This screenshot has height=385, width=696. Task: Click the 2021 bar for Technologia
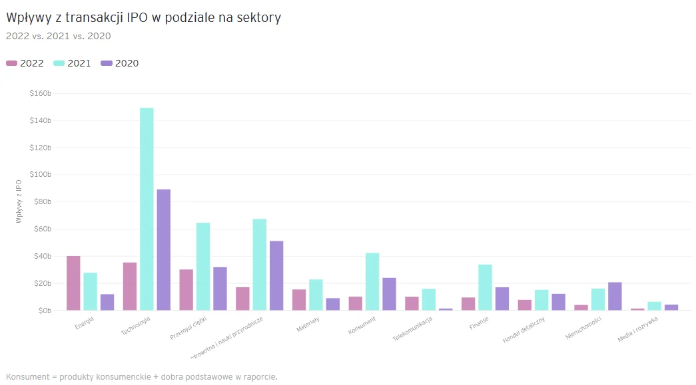147,209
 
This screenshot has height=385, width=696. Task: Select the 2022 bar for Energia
73,283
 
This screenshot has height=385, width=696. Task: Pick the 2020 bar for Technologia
163,250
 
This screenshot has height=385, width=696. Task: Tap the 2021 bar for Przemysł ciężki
203,267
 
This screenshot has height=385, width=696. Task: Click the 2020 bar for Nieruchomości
615,297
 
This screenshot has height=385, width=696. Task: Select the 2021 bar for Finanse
485,287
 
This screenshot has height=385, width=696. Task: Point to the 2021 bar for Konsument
372,282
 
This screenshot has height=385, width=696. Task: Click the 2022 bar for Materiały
299,300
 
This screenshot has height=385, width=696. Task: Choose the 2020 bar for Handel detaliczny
558,302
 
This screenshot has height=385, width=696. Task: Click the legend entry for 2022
25,63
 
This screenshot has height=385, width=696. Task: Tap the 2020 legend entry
120,63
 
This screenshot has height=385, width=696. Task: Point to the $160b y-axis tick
41,93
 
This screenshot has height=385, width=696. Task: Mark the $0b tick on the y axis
45,311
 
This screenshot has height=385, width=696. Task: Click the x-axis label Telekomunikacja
413,328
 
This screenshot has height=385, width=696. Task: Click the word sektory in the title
260,18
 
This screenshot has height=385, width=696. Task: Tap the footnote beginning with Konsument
141,377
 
